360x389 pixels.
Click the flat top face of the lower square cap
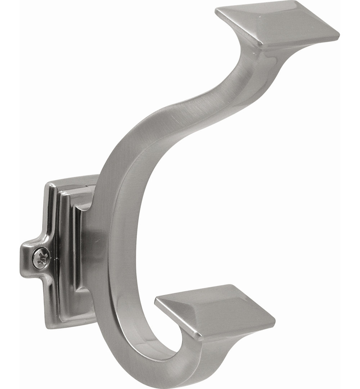pyautogui.click(x=216, y=308)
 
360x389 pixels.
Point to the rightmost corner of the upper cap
pyautogui.click(x=339, y=35)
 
